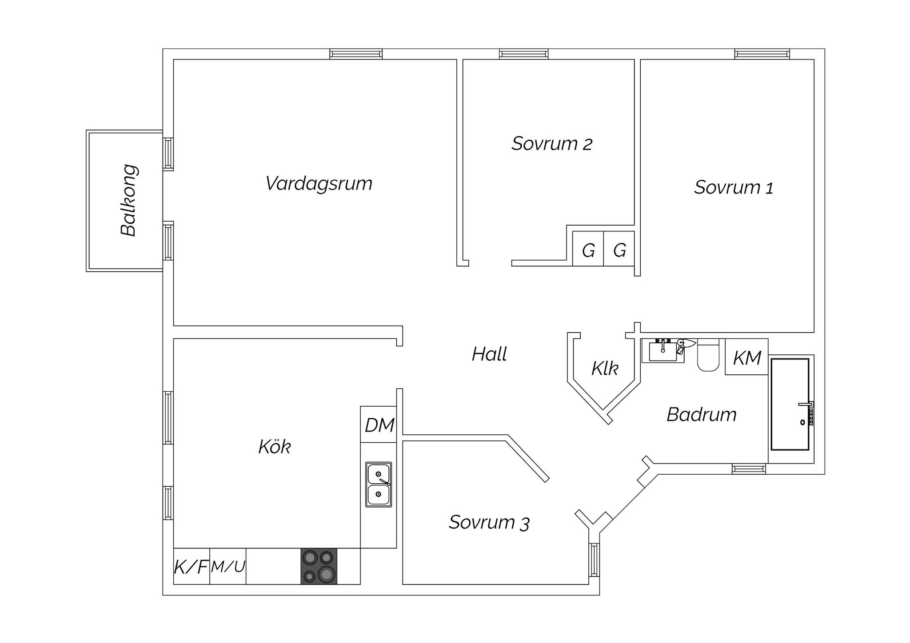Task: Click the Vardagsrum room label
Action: (x=319, y=184)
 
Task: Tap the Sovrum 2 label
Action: (x=552, y=143)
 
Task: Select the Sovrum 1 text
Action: (x=734, y=187)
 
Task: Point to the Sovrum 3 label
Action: (x=489, y=522)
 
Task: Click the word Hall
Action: (x=489, y=354)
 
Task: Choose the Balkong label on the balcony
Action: (x=129, y=200)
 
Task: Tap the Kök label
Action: (x=275, y=447)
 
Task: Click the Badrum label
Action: (x=702, y=415)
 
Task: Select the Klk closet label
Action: (x=604, y=369)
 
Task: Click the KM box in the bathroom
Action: (x=747, y=357)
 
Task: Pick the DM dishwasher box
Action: (x=379, y=425)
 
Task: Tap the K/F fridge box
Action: (x=192, y=566)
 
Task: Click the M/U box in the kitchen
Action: (x=228, y=566)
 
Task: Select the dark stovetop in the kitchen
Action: (x=319, y=566)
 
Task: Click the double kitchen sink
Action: (x=379, y=484)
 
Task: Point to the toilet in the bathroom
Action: (x=708, y=355)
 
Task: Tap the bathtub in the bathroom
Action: (x=790, y=405)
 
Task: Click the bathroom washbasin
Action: (x=663, y=351)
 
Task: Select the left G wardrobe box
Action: (x=588, y=249)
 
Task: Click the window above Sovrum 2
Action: (x=524, y=54)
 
